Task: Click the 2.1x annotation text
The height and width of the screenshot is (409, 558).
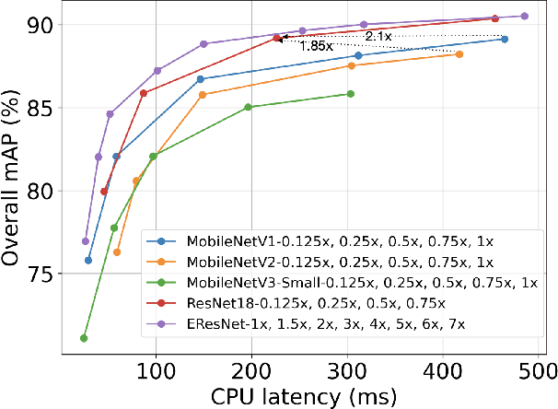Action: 378,36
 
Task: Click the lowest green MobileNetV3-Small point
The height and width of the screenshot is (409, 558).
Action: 84,338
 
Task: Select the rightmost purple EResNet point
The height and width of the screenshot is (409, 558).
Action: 525,16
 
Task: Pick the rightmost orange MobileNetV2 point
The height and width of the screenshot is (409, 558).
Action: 459,54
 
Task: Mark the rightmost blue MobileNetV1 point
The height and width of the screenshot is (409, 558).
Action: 505,39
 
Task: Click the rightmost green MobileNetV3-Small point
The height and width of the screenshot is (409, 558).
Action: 351,94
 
